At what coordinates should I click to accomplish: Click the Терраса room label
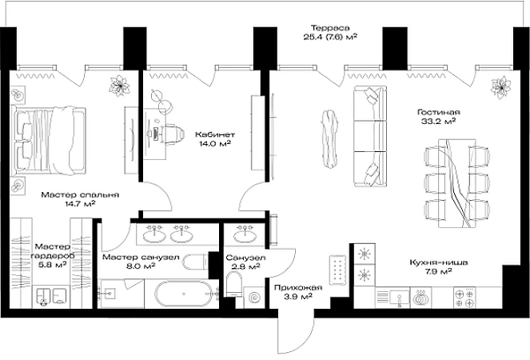click(330, 28)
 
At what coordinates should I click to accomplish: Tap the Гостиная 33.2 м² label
click(438, 116)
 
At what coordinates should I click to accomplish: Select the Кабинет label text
click(214, 134)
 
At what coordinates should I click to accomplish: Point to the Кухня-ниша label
click(438, 262)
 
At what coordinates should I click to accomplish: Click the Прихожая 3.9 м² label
click(298, 292)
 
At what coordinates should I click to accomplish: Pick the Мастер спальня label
click(80, 195)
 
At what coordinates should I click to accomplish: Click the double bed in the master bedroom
click(48, 141)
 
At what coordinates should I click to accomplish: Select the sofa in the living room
click(370, 136)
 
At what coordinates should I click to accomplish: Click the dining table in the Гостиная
click(456, 182)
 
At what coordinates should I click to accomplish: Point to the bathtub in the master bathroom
click(184, 294)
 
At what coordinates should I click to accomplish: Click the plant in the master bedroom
click(119, 86)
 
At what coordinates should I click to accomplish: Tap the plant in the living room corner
click(500, 87)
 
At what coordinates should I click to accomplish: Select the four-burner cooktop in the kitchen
click(464, 298)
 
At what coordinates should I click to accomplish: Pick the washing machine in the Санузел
click(254, 298)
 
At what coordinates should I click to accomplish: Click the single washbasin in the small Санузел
click(245, 235)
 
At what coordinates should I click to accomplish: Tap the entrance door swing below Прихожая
click(297, 335)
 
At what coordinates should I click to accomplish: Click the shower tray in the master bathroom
click(121, 294)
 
